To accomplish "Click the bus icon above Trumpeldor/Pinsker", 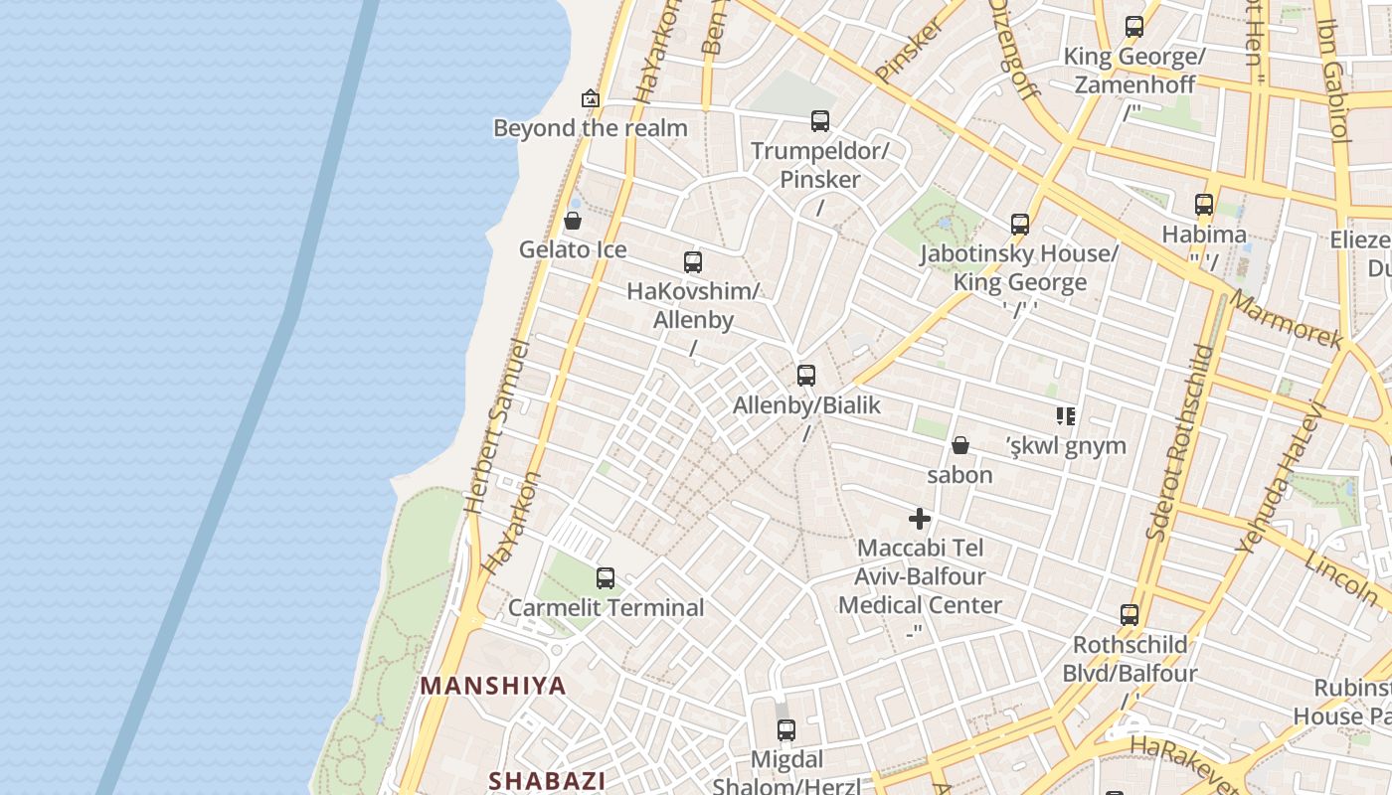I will [820, 121].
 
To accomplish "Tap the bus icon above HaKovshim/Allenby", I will [693, 262].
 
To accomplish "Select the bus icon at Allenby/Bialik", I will [806, 376].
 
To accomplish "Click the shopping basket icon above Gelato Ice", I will [573, 221].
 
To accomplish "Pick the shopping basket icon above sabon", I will [960, 445].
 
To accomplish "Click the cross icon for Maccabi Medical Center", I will [920, 519].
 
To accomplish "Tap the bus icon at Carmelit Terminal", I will [605, 577].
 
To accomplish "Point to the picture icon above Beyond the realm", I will [591, 98].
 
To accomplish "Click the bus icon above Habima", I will [1204, 205].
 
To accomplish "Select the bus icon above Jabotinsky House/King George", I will [1019, 225].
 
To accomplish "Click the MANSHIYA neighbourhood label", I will [493, 686].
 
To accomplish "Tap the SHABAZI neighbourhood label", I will [547, 780].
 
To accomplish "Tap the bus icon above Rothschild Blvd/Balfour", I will [1130, 615].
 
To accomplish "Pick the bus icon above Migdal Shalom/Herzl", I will [786, 730].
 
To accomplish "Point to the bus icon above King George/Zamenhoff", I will [1134, 27].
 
